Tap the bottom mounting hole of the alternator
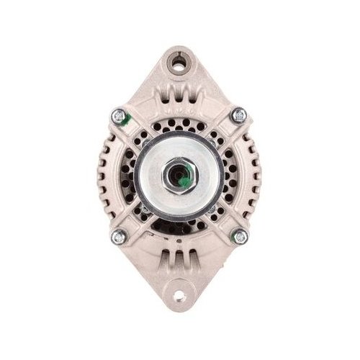pyautogui.click(x=180, y=296)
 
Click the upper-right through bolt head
pyautogui.click(x=239, y=114)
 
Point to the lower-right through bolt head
pyautogui.click(x=240, y=235)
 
